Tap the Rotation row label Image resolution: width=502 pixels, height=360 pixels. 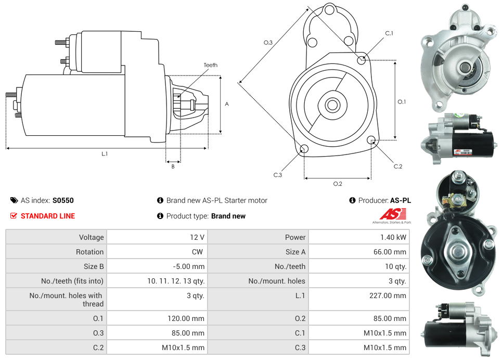point(89,252)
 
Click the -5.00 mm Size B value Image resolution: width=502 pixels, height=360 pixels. point(189,266)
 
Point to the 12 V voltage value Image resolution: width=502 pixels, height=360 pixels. point(197,237)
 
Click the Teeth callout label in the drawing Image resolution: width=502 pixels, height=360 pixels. point(211,65)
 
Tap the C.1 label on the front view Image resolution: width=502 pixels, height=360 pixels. point(389,34)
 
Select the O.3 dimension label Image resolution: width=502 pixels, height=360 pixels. point(268,43)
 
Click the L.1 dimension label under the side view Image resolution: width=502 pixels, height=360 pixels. point(105,153)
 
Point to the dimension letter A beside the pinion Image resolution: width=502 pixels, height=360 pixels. point(227,104)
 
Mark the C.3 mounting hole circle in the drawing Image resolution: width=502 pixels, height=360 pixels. point(304,150)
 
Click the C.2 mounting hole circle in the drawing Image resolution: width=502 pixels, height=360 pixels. point(371,140)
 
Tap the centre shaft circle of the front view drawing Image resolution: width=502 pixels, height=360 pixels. point(332,105)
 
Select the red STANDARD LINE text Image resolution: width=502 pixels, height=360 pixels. point(48,216)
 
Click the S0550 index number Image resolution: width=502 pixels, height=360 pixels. point(63,200)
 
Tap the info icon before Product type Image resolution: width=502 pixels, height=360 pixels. point(160,216)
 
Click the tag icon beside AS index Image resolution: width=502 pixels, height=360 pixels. point(14,200)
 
